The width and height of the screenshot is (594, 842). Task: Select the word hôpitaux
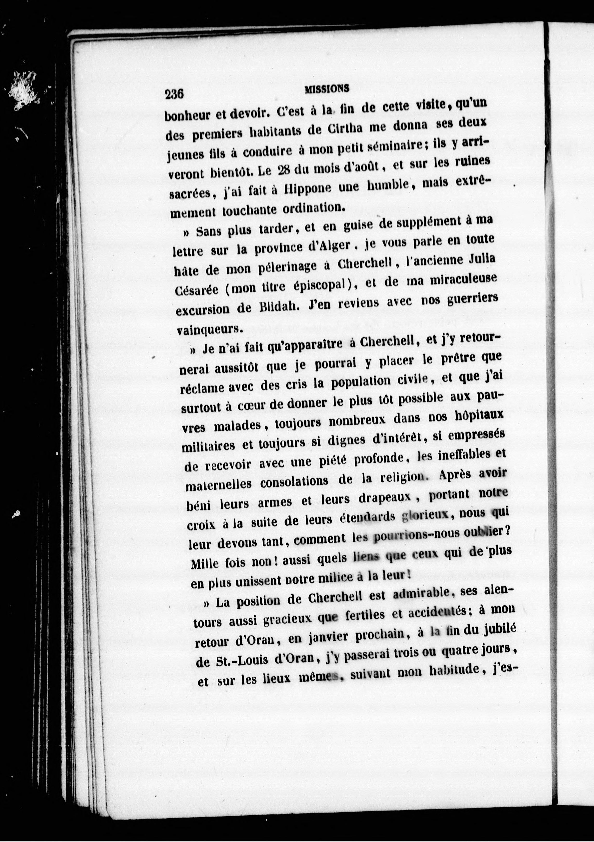point(479,417)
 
